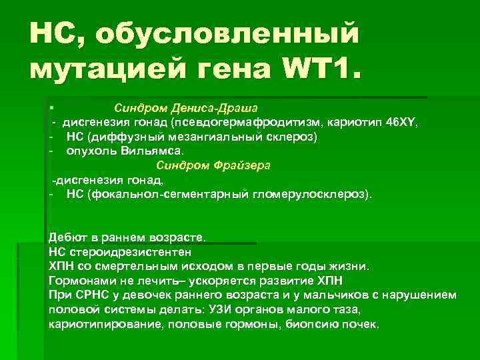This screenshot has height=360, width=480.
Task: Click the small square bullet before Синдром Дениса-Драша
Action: pyautogui.click(x=51, y=107)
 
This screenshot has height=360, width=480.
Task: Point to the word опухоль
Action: pyautogui.click(x=91, y=151)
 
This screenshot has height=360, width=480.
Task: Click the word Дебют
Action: pyautogui.click(x=67, y=237)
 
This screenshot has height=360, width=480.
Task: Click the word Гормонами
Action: pyautogui.click(x=79, y=281)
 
